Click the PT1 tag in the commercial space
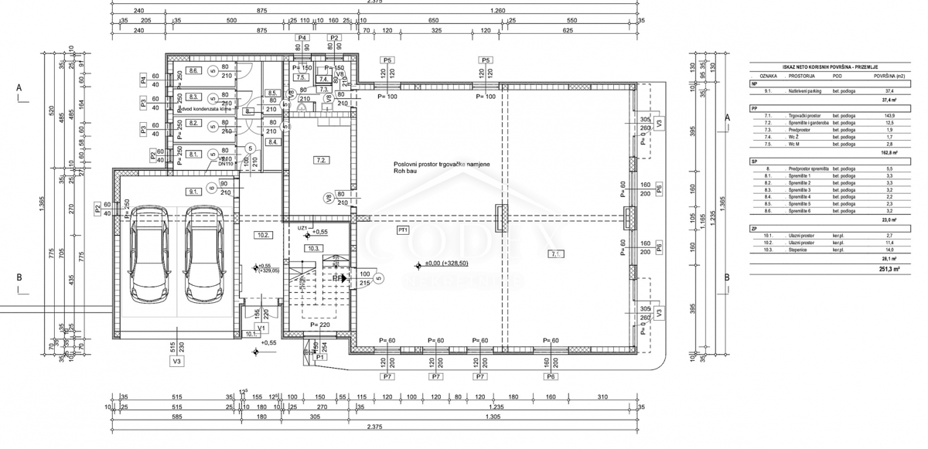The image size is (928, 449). [402, 230]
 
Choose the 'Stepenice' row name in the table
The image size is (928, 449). [799, 250]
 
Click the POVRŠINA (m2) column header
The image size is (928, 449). [889, 77]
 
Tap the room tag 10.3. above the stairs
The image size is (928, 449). [313, 248]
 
